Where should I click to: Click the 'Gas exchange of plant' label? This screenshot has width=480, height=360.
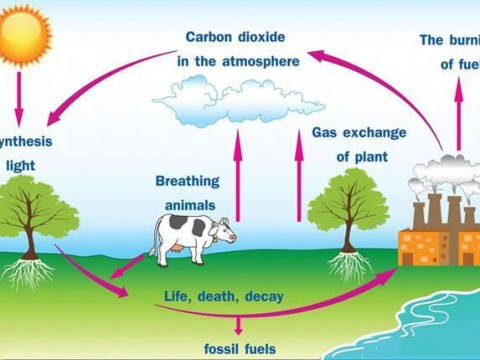(351, 144)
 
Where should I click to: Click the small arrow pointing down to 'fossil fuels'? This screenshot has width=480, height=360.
(238, 323)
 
